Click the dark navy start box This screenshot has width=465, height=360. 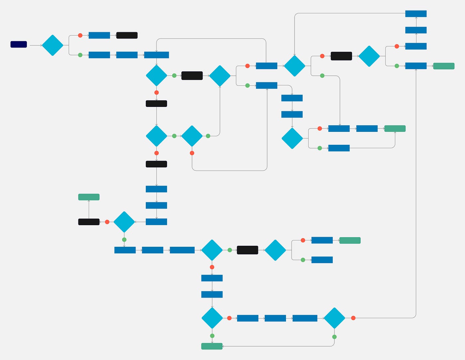pyautogui.click(x=19, y=44)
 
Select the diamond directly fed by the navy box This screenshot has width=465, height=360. pyautogui.click(x=52, y=45)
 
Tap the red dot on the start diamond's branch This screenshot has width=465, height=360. pyautogui.click(x=80, y=35)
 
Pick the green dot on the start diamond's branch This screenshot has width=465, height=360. pyautogui.click(x=80, y=55)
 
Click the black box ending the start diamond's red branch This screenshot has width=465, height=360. pyautogui.click(x=127, y=35)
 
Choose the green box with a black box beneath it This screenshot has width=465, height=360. pyautogui.click(x=89, y=197)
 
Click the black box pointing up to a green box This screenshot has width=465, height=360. pyautogui.click(x=89, y=222)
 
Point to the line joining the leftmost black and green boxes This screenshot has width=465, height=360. pyautogui.click(x=89, y=210)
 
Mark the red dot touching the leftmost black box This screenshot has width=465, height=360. pyautogui.click(x=107, y=222)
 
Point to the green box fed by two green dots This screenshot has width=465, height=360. pyautogui.click(x=212, y=346)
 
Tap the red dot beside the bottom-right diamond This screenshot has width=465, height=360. pyautogui.click(x=353, y=318)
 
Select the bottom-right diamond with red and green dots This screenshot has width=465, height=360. pyautogui.click(x=334, y=318)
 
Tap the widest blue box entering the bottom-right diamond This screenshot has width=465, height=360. pyautogui.click(x=305, y=318)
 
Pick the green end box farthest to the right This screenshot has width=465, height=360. pyautogui.click(x=444, y=66)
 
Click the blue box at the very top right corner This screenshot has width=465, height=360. pyautogui.click(x=416, y=14)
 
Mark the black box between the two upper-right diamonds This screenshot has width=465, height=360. pyautogui.click(x=341, y=56)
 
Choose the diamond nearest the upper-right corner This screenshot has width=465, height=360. pyautogui.click(x=369, y=56)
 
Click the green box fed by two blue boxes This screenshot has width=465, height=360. pyautogui.click(x=395, y=129)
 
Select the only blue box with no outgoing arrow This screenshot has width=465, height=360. pyautogui.click(x=322, y=260)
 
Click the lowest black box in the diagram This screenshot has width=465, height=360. pyautogui.click(x=247, y=250)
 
